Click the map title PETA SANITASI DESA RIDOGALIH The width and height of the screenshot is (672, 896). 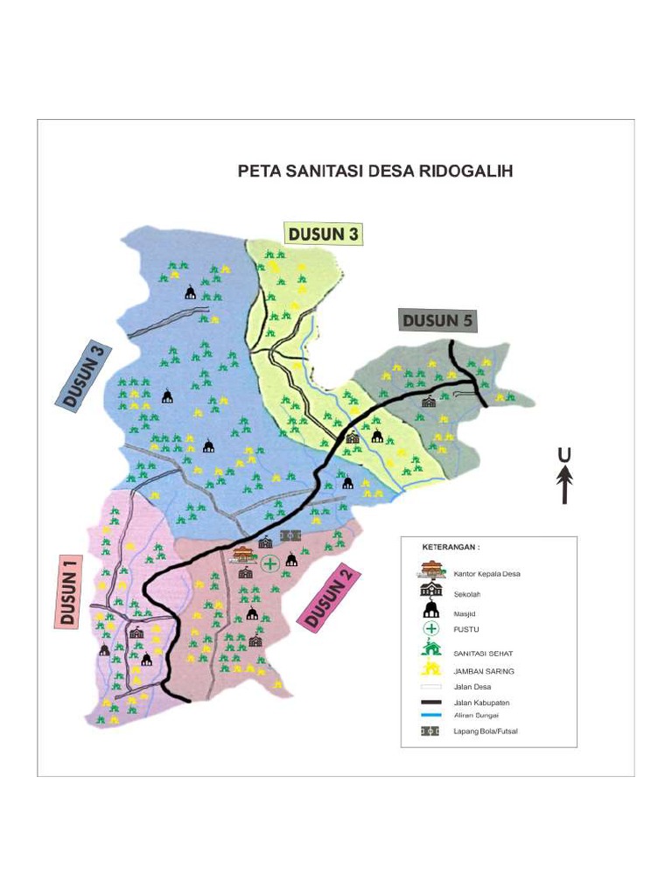pyautogui.click(x=375, y=171)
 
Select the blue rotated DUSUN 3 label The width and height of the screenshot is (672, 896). pyautogui.click(x=86, y=377)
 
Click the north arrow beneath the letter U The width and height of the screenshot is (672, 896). pyautogui.click(x=565, y=485)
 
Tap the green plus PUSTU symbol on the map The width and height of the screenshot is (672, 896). pyautogui.click(x=270, y=563)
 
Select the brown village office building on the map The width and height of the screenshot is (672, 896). pyautogui.click(x=244, y=554)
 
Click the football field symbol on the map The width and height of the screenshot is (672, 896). pyautogui.click(x=290, y=535)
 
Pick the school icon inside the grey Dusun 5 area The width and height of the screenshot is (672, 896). pyautogui.click(x=429, y=402)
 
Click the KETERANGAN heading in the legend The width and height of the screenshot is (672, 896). pyautogui.click(x=451, y=547)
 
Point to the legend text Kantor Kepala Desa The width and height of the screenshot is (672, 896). pyautogui.click(x=486, y=574)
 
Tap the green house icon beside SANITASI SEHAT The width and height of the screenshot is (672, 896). pyautogui.click(x=430, y=648)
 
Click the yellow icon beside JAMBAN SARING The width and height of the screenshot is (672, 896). pyautogui.click(x=430, y=669)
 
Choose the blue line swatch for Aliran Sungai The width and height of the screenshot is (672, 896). pyautogui.click(x=430, y=715)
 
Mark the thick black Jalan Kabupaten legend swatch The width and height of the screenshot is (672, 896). pyautogui.click(x=430, y=703)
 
